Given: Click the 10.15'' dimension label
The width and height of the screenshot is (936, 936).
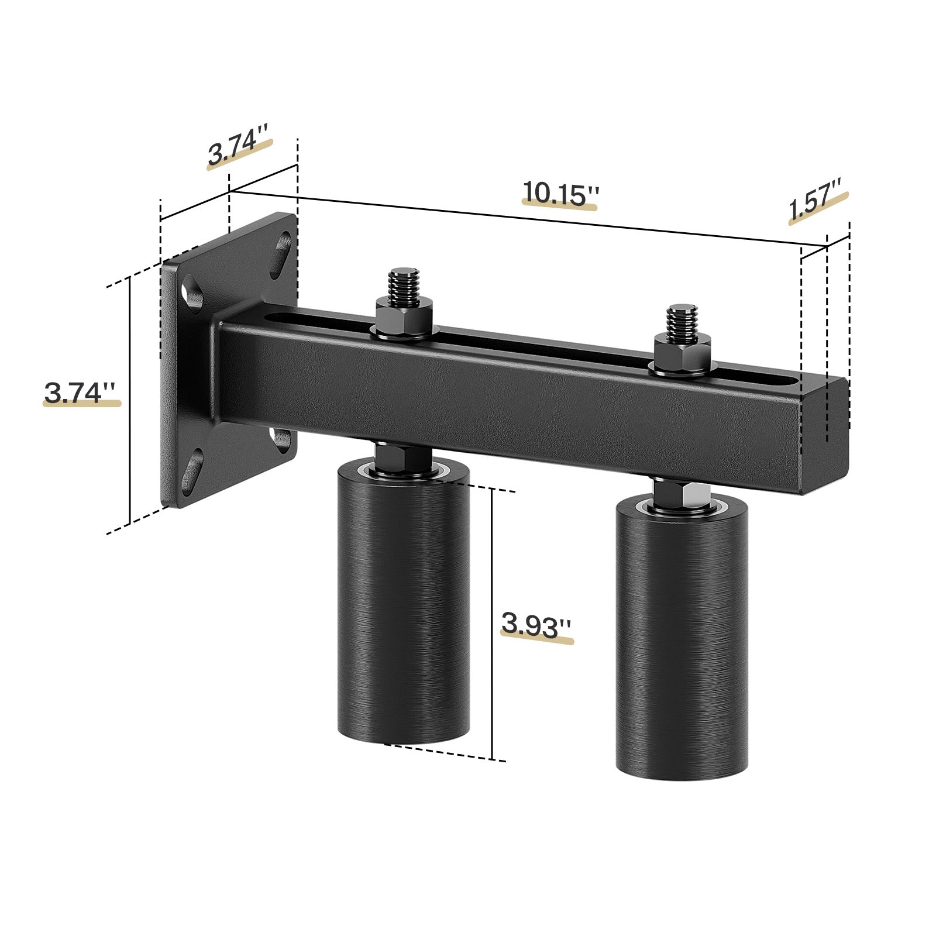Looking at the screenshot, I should click(560, 193).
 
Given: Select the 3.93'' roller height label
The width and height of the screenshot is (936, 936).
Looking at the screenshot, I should click(535, 626).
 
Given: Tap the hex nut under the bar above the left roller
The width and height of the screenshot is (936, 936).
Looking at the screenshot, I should click(402, 453).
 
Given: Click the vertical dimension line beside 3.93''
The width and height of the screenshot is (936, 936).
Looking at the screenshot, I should click(493, 626).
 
